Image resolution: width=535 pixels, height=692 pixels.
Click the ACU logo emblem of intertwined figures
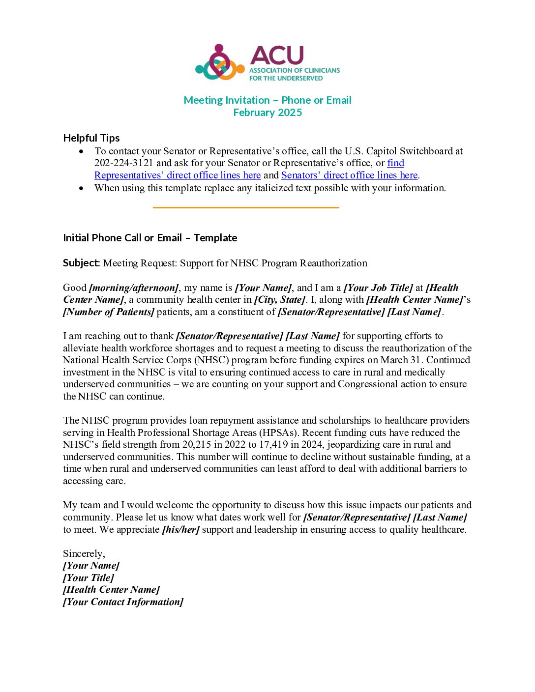220,63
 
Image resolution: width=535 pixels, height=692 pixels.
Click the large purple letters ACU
277,56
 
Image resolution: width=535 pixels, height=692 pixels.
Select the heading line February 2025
267,113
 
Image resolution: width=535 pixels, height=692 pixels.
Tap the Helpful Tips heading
91,138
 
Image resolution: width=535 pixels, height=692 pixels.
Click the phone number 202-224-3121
124,163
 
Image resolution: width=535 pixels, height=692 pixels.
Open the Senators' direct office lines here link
349,175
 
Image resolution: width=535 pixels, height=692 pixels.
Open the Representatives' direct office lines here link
178,175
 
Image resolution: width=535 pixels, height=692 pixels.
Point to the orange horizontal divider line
246,207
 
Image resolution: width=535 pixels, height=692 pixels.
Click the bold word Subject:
82,263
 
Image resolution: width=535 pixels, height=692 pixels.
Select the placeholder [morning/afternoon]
134,288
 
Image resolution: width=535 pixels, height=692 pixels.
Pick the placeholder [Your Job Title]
378,288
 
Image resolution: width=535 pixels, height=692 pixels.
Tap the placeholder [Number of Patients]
109,312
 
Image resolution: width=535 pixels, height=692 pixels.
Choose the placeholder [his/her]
181,530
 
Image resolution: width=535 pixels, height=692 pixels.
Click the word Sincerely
84,554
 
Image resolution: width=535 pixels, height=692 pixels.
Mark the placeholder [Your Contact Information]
123,602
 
